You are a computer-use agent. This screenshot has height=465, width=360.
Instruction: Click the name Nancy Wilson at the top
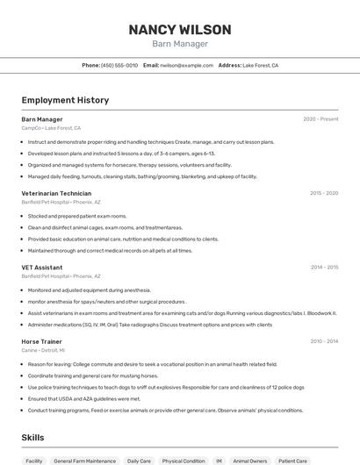pos(180,29)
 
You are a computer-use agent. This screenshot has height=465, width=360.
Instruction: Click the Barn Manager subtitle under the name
pos(180,44)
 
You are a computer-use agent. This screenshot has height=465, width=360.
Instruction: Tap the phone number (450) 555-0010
pos(119,65)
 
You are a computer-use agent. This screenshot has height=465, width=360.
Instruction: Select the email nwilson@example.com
pos(187,65)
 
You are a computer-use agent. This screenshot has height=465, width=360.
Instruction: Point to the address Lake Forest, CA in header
pos(260,65)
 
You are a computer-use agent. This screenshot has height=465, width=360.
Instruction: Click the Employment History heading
pos(65,100)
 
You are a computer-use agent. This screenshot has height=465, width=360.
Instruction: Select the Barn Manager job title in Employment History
pos(42,119)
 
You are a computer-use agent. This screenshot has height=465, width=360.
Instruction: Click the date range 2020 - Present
pos(320,119)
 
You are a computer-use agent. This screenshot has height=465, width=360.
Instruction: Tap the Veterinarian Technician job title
pos(56,193)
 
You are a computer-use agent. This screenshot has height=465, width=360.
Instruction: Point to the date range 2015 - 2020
pos(324,193)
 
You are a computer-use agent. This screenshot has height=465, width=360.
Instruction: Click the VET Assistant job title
pos(42,268)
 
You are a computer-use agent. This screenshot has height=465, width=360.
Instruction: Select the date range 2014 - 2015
pos(324,268)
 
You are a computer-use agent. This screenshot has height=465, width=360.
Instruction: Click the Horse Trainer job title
pos(41,341)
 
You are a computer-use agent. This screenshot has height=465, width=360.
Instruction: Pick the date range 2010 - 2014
pos(324,341)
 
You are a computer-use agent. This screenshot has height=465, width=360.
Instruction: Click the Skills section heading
pos(33,437)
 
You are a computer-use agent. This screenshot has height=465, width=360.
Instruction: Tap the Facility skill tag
pos(34,461)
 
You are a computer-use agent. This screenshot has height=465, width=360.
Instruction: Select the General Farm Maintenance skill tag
pos(84,461)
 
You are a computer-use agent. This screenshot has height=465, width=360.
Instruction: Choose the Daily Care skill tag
pos(139,461)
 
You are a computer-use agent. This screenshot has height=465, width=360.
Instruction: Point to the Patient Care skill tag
pos(293,461)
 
